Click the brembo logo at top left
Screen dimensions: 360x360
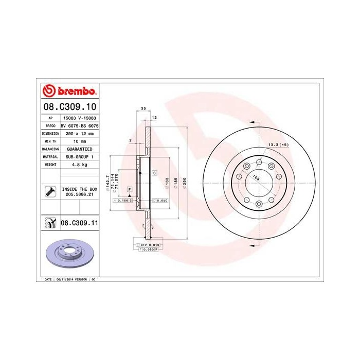(69, 92)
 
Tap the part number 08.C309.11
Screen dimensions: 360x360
(79, 224)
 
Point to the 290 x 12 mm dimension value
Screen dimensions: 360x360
(79, 133)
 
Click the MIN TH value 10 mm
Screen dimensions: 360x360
(79, 140)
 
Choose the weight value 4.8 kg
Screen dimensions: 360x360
(79, 165)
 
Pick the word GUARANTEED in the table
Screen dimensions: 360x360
(79, 149)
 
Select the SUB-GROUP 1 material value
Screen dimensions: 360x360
(79, 156)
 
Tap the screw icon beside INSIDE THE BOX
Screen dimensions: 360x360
(50, 192)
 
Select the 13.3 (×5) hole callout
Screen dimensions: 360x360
(278, 145)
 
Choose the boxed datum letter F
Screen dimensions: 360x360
(130, 190)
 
